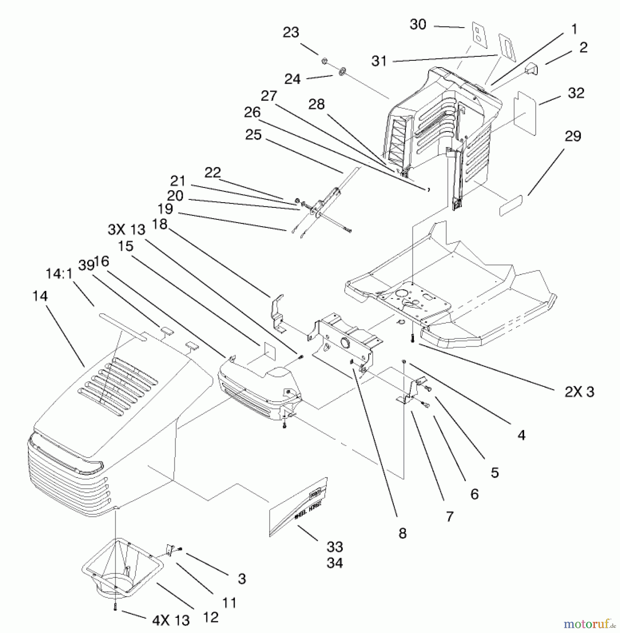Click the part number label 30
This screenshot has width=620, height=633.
418,25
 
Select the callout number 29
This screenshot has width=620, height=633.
573,136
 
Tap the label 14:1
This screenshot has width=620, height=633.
59,273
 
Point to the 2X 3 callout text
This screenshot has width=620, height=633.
579,392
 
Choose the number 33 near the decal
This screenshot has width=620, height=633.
334,547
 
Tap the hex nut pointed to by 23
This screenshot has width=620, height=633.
324,62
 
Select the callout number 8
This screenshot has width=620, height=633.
403,533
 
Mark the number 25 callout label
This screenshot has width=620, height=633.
253,134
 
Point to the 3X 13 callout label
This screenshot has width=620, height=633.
126,230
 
